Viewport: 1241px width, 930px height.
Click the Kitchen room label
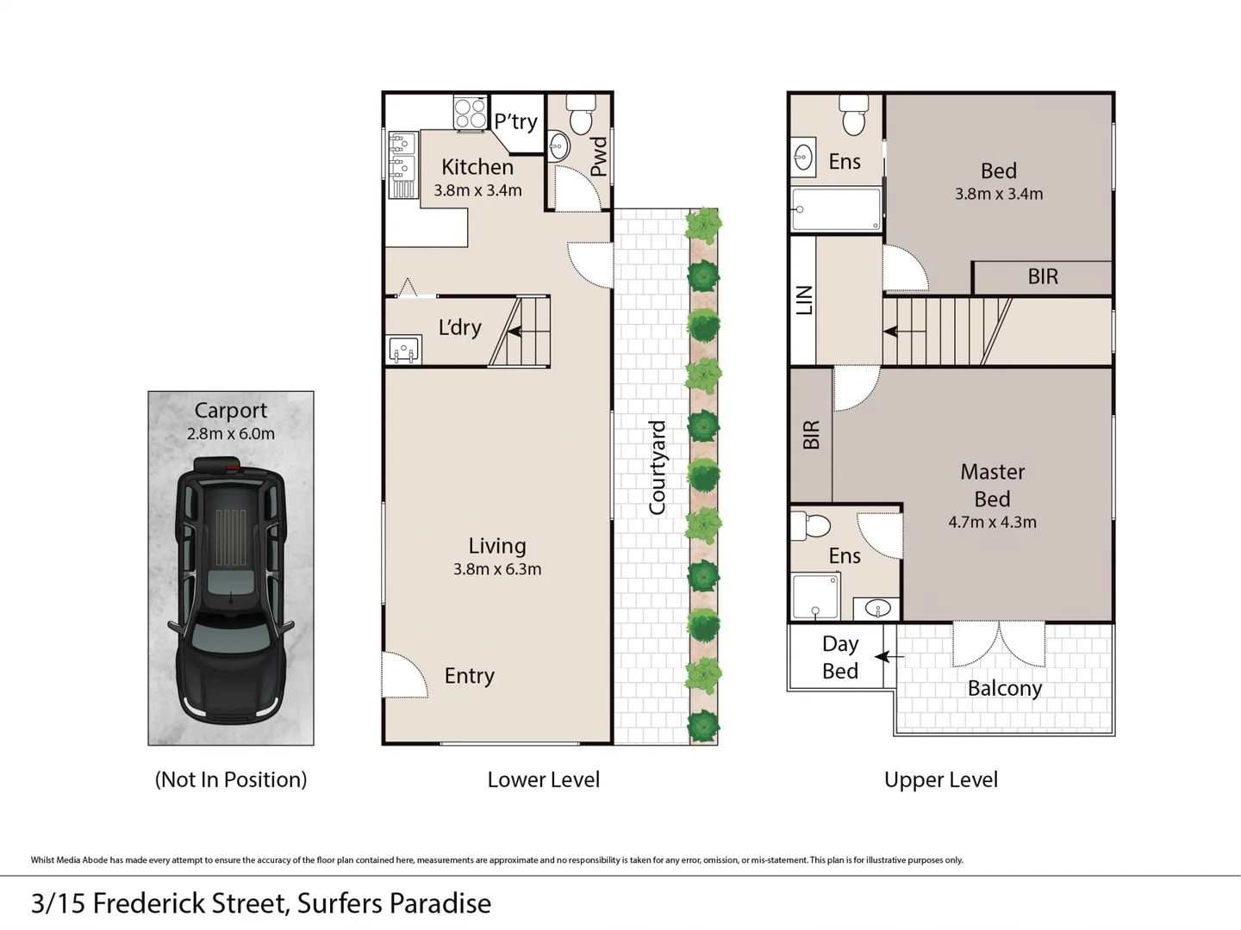[477, 167]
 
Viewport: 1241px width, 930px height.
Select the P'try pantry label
[515, 121]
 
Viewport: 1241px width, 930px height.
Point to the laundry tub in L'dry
[403, 350]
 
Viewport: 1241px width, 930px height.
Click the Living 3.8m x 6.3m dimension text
[496, 569]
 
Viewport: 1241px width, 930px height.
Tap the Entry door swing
[404, 674]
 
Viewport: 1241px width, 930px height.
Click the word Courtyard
[657, 468]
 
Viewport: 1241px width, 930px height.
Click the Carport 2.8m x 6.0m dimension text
[230, 434]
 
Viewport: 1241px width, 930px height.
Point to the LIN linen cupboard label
[803, 300]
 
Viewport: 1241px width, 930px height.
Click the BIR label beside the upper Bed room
[1042, 276]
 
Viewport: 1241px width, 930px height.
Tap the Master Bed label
[992, 485]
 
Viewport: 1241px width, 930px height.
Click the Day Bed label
[839, 657]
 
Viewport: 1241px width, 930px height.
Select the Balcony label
[1004, 688]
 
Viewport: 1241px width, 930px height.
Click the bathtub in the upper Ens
[836, 209]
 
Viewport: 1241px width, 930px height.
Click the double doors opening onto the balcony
[999, 644]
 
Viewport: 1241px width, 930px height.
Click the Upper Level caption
[940, 779]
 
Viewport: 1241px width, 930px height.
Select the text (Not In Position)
[230, 779]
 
